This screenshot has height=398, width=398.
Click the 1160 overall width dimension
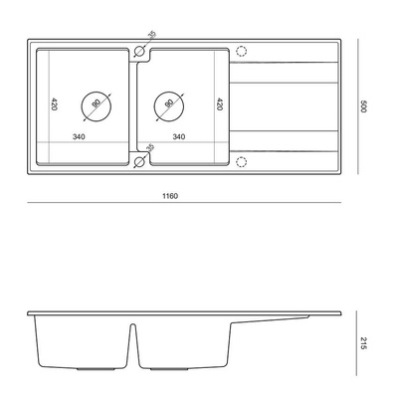tap(170, 196)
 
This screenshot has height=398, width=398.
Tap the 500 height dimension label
tap(362, 106)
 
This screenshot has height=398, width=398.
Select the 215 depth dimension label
tap(362, 343)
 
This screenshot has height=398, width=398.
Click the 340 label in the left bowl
tap(79, 136)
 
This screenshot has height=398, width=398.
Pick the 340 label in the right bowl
tap(179, 136)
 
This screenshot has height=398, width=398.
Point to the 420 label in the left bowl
tap(55, 103)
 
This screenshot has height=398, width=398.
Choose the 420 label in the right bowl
tap(219, 103)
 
